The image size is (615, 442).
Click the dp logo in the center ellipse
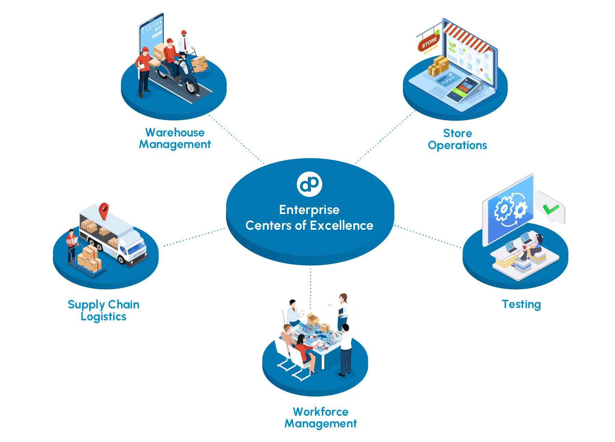click(x=309, y=184)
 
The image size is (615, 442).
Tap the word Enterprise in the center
click(x=309, y=210)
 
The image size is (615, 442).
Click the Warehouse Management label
click(x=175, y=138)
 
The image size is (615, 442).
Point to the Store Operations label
click(x=457, y=139)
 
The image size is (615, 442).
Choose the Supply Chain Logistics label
click(x=104, y=310)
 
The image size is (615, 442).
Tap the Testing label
click(x=521, y=304)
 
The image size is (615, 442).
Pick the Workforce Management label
click(x=320, y=417)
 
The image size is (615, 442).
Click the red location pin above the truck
click(x=104, y=211)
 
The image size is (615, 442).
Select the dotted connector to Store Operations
click(x=384, y=137)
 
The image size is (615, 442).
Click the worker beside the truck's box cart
click(x=71, y=244)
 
